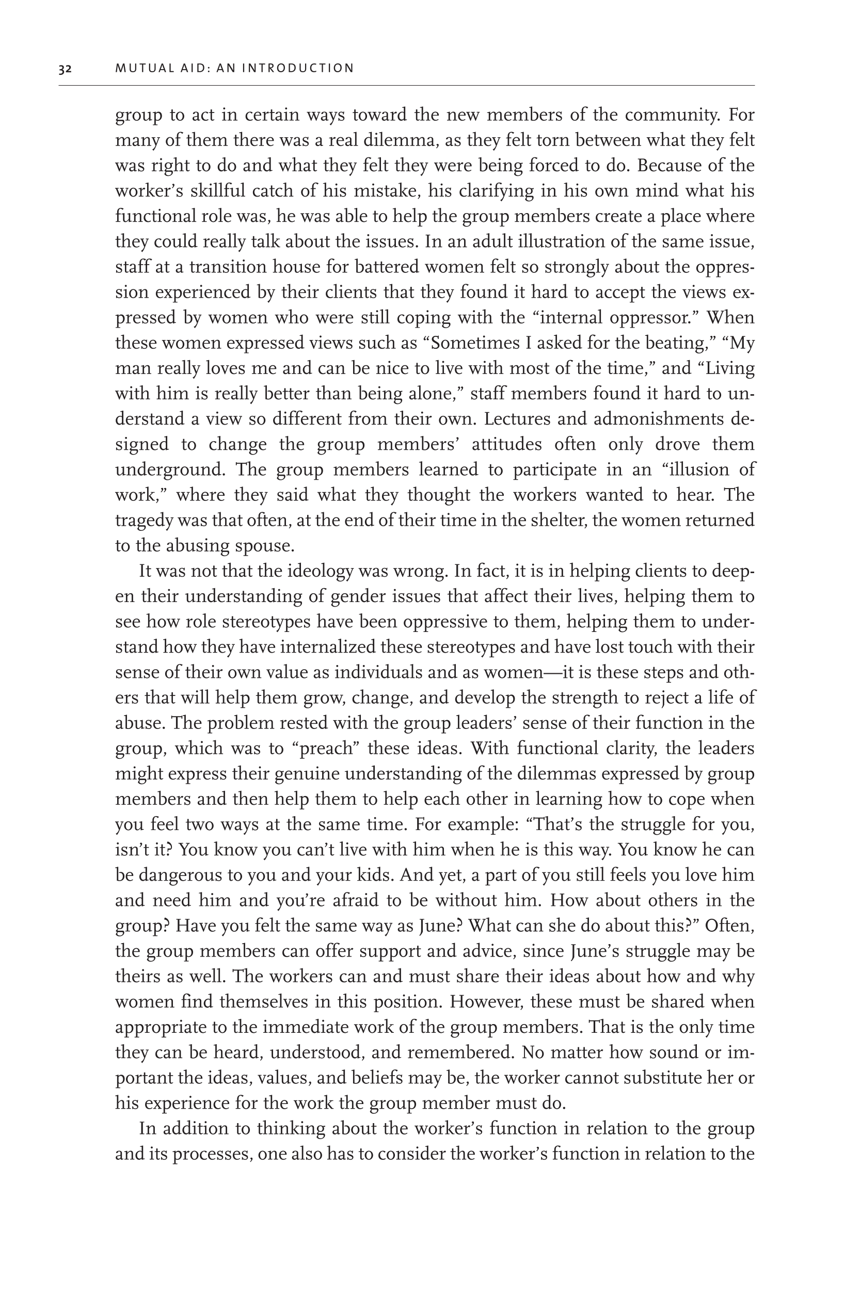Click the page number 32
(x=65, y=69)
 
